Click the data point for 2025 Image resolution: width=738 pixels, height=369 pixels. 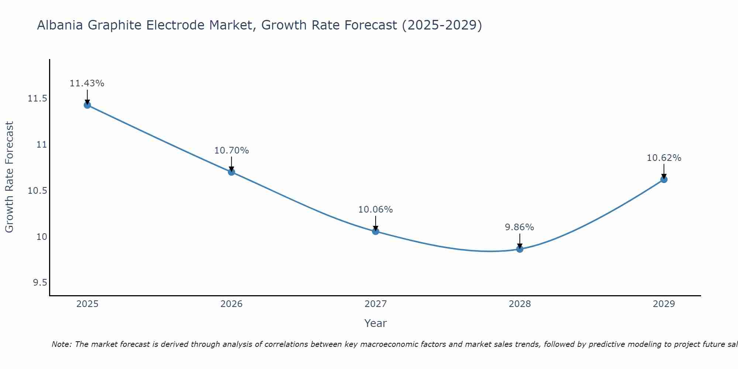click(87, 105)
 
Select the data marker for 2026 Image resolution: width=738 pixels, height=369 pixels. click(231, 172)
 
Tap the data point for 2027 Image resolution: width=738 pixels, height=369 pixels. click(376, 231)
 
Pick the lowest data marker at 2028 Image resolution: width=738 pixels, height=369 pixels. click(520, 249)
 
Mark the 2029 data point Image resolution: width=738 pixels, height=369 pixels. click(664, 179)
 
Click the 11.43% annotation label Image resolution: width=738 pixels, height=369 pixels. click(87, 83)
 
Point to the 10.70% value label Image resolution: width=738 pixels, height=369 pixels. click(231, 151)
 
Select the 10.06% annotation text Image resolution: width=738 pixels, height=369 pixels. click(376, 210)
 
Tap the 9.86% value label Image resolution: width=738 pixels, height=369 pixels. click(520, 227)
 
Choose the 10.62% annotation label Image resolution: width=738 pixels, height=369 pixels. click(664, 158)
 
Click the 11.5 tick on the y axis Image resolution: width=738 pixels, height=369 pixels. click(37, 99)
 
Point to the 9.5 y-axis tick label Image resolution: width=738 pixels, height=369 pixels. click(40, 283)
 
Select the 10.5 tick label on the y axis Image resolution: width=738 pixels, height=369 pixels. click(37, 191)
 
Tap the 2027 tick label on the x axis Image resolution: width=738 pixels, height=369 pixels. click(376, 304)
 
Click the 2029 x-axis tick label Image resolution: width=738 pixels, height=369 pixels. click(664, 304)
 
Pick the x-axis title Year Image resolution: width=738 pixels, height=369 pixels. click(376, 323)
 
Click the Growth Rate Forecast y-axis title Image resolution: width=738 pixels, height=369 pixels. click(9, 177)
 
